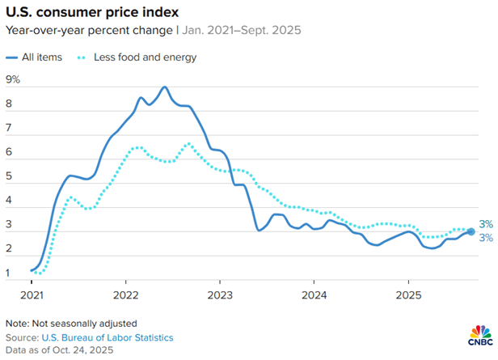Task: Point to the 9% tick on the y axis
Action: click(x=13, y=79)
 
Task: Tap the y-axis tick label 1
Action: click(x=9, y=273)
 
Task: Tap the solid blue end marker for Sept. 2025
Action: click(x=470, y=232)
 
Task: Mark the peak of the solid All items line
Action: click(x=165, y=87)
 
